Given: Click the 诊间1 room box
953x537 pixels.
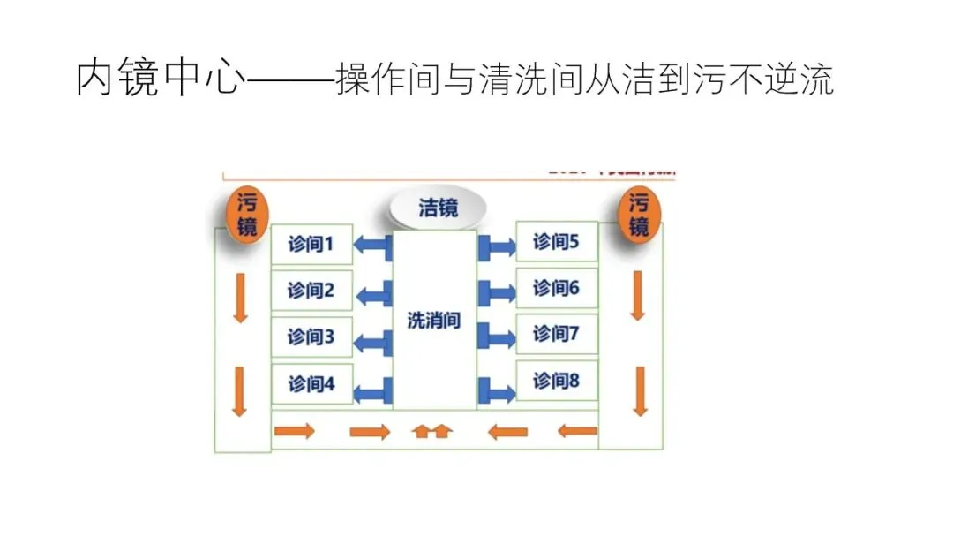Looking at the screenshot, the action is [x=311, y=244].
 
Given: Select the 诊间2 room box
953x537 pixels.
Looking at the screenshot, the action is [x=311, y=291].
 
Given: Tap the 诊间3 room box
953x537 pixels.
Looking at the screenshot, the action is [x=311, y=337].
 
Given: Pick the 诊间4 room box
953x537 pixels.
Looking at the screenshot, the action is [x=311, y=384].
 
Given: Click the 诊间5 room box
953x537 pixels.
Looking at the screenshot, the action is [x=556, y=241].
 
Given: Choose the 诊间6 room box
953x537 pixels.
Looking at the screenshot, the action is [x=556, y=288].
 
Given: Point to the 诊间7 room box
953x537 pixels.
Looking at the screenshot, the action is [x=556, y=334].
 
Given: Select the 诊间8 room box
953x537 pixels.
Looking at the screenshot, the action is [x=556, y=382].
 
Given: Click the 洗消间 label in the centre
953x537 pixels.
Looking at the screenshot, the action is [x=434, y=320].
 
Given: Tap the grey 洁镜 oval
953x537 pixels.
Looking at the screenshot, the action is [x=439, y=208].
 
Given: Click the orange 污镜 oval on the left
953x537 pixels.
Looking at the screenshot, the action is [x=248, y=216].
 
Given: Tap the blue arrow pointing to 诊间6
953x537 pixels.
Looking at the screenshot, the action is [x=496, y=292].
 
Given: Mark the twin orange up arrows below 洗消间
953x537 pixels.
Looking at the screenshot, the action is [x=433, y=432].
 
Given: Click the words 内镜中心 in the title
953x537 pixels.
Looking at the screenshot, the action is [x=158, y=79].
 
